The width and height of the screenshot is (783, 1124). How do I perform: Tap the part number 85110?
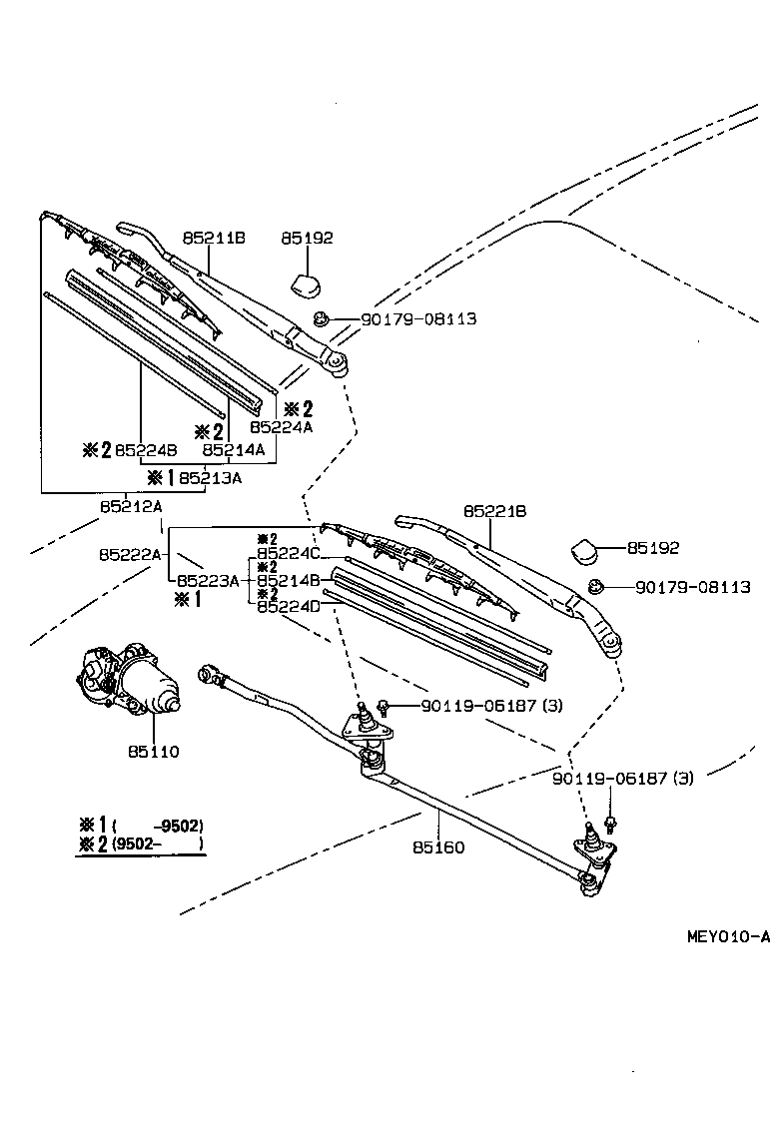[x=153, y=751]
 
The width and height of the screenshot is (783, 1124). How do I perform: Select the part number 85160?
[x=438, y=847]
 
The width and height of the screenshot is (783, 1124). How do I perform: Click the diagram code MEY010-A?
[x=728, y=936]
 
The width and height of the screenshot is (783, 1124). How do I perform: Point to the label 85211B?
[x=214, y=238]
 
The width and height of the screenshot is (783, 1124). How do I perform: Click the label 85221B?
[x=494, y=511]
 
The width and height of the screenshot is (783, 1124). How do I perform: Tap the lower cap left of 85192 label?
[x=586, y=550]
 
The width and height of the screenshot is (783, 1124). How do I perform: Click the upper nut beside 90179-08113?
[x=321, y=319]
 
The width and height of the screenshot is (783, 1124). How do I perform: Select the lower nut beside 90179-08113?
[x=595, y=587]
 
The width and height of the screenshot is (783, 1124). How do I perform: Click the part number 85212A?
[x=131, y=506]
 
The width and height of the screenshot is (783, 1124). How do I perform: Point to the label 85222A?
[x=130, y=553]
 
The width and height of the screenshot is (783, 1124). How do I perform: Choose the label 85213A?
[x=210, y=477]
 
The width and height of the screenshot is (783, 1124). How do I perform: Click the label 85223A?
[x=208, y=580]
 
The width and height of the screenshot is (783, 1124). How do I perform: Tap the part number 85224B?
[x=146, y=450]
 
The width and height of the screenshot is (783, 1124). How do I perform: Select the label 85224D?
[x=288, y=606]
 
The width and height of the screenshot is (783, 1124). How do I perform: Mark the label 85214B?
[x=288, y=580]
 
